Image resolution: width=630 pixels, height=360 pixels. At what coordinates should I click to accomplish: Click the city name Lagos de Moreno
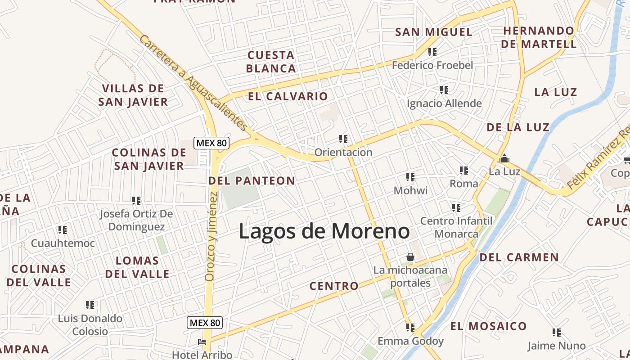(324, 231)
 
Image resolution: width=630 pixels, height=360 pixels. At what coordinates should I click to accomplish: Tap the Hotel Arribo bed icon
(202, 342)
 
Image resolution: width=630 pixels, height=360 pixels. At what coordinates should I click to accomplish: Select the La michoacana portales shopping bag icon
(410, 256)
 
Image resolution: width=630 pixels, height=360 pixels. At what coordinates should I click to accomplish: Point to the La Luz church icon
(504, 158)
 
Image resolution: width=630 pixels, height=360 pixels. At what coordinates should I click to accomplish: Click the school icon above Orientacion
(343, 139)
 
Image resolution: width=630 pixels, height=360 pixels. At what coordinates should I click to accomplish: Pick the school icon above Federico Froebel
(432, 52)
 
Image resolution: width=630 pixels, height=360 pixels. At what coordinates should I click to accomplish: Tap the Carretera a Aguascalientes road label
(193, 84)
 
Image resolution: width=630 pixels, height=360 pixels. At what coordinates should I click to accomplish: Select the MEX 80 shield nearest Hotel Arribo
(205, 323)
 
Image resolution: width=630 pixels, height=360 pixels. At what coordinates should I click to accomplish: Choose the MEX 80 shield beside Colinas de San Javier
(211, 144)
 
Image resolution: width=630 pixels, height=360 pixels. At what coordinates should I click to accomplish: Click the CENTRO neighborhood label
(334, 286)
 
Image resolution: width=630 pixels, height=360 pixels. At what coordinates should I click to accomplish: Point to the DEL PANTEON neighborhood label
(252, 181)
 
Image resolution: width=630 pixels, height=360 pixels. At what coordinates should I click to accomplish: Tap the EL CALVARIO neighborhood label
(288, 96)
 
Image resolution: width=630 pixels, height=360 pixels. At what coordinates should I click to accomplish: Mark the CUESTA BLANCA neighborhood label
(271, 62)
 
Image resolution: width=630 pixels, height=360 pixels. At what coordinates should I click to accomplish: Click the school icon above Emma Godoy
(410, 328)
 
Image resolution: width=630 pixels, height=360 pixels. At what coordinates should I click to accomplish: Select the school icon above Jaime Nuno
(557, 333)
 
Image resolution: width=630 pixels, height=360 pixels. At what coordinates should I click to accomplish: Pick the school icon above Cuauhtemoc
(63, 230)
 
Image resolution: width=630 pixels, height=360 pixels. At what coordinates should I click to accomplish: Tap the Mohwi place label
(410, 190)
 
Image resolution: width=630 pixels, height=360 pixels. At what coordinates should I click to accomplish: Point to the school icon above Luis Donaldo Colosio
(90, 305)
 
